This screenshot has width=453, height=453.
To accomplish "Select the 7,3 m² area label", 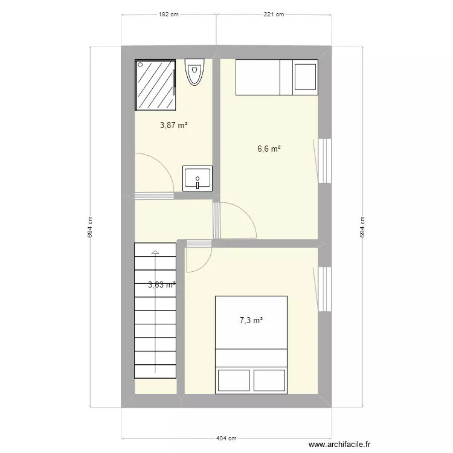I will tap(251, 321).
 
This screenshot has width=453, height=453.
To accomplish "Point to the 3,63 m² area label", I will tap(161, 285).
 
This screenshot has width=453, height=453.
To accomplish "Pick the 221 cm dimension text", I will tap(274, 14).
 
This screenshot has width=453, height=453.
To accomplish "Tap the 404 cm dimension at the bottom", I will tap(226, 439).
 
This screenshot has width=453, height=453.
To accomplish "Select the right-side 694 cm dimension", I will tap(362, 227).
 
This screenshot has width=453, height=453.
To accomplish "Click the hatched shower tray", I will tap(156, 85).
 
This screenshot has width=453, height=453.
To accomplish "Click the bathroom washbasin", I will tap(198, 179).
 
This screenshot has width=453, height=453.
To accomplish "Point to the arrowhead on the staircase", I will tap(155, 252).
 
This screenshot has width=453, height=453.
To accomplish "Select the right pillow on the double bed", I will tap(269, 380).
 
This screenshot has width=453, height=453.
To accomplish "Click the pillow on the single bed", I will tap(305, 77).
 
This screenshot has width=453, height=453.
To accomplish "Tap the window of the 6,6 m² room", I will tap(325, 161).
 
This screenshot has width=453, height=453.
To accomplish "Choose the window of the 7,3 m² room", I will tap(325, 289).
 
